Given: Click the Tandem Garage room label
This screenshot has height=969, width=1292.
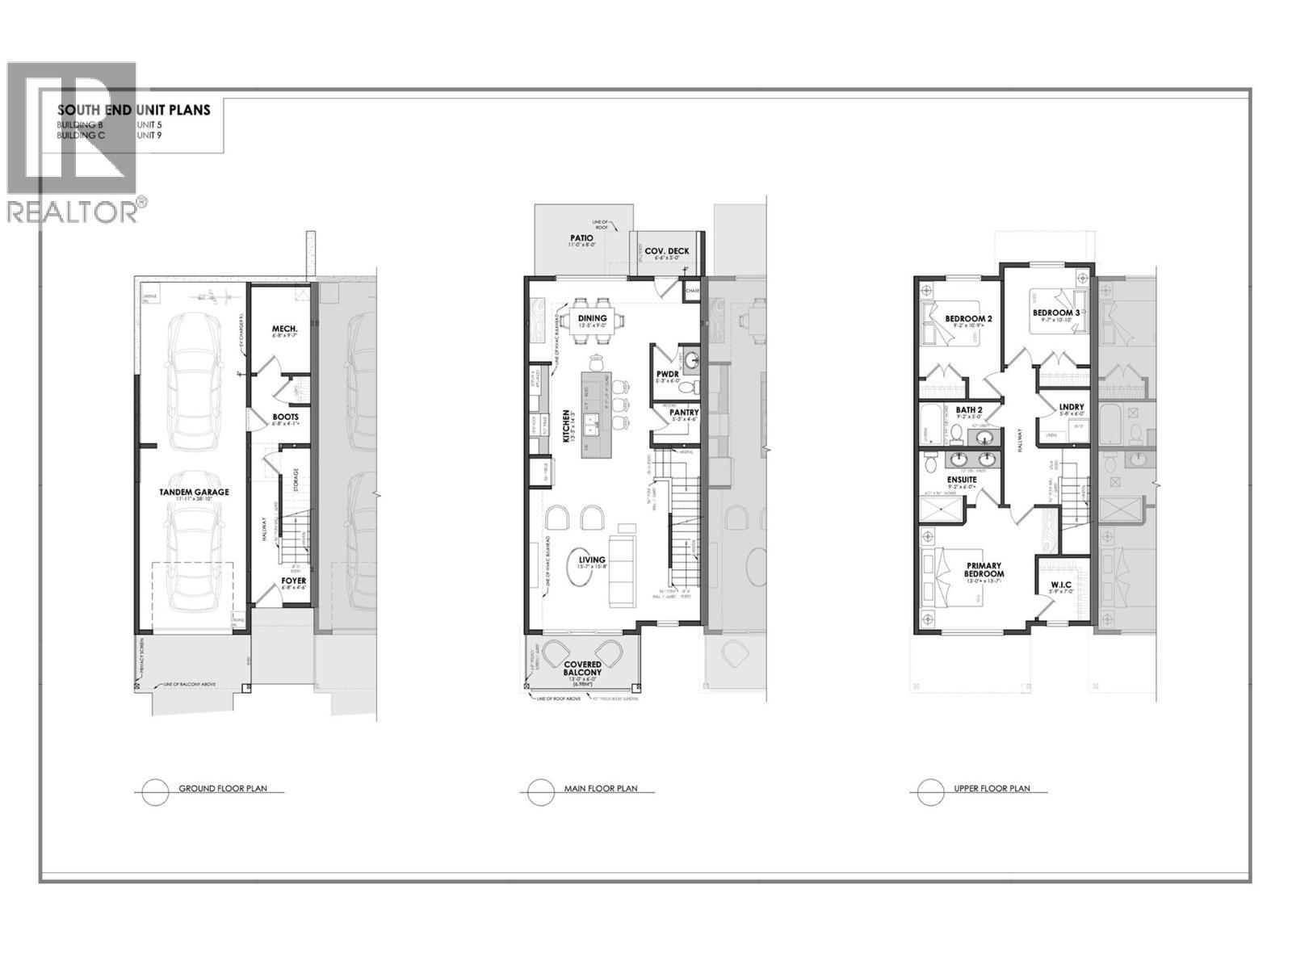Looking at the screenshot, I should pos(193,492).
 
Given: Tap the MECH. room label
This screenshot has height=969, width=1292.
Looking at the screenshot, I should pos(285,329).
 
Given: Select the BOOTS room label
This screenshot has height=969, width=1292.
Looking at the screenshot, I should pos(285,417).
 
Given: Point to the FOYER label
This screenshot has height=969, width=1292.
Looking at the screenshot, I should pos(293,581).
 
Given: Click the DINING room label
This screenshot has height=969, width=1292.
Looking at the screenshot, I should pos(592,318).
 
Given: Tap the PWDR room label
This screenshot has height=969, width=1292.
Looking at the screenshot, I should pos(668,373).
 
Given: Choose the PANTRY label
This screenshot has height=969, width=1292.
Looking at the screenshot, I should pos(684,413).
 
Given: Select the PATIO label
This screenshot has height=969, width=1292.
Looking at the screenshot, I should pos(581,238).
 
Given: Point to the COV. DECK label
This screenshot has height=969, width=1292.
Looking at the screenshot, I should pos(667,251).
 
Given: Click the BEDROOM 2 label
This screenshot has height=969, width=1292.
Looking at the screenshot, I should pos(968,319).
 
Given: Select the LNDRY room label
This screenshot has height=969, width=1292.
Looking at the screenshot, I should pos(1072,408).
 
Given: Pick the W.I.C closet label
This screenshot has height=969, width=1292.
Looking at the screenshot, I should pos(1060,585).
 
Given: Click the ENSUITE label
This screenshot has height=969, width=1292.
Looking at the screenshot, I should pos(962,480).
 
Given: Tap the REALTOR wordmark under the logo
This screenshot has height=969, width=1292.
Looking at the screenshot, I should pos(73,212).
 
